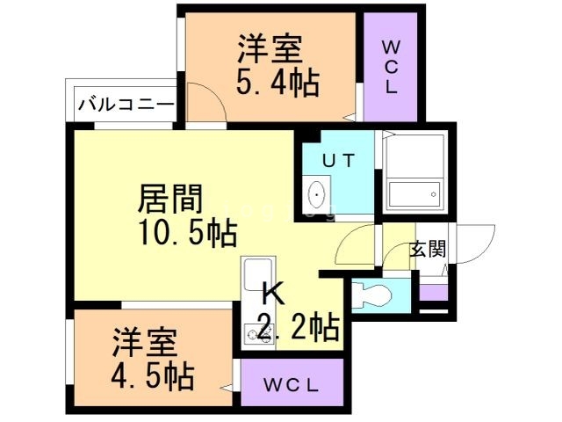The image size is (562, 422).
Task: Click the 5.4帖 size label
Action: tap(277, 84)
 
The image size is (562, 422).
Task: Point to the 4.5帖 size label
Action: tap(152, 376)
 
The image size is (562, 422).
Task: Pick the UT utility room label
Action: tap(337, 161)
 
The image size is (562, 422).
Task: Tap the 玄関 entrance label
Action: tap(428, 249)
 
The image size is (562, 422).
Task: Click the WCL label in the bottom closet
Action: tap(292, 385)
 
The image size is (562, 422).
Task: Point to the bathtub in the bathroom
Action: tap(413, 194)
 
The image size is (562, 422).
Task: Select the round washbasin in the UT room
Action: tap(317, 193)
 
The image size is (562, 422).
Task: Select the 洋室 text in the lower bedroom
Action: tap(144, 341)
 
